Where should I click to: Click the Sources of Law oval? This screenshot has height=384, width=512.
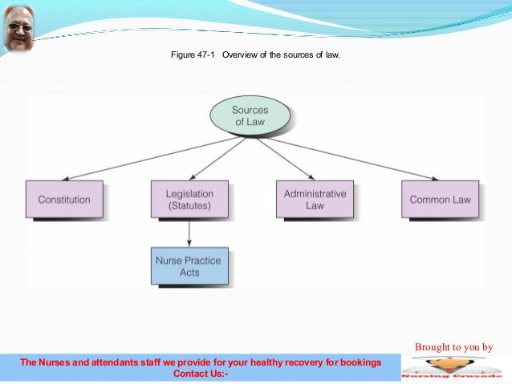[250, 116]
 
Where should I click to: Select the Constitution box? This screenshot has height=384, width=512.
[63, 200]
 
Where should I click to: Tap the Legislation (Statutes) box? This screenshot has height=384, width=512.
[189, 200]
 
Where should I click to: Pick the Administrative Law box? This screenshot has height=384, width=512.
[315, 200]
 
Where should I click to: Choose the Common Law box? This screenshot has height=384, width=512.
[440, 200]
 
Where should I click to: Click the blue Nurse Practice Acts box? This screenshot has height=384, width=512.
[189, 266]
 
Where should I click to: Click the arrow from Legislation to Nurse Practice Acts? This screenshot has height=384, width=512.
[189, 232]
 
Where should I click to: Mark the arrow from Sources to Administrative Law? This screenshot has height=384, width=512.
[281, 158]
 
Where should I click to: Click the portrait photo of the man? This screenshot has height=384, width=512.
[18, 26]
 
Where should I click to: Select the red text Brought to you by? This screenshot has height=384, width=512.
[453, 347]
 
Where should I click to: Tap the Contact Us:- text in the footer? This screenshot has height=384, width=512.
[201, 373]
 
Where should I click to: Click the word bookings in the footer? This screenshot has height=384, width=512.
[360, 362]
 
